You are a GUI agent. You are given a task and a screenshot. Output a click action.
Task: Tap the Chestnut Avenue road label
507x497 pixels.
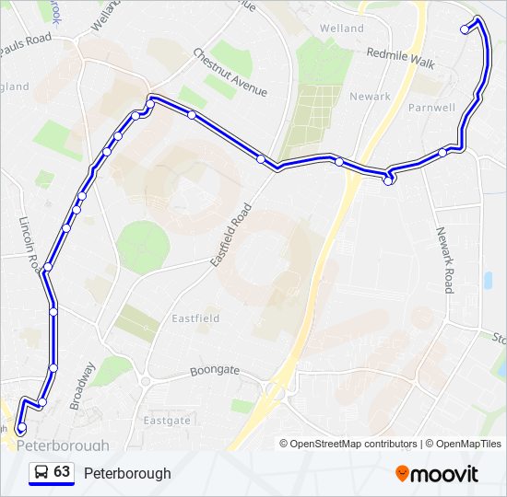click(x=230, y=73)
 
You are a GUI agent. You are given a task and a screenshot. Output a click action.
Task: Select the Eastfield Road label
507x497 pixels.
click(x=230, y=236)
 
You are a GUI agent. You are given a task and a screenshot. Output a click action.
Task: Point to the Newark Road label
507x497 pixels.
click(x=445, y=260)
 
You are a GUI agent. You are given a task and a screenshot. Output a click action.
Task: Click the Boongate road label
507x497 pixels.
click(x=214, y=370)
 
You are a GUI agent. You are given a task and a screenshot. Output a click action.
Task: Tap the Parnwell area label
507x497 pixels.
click(x=432, y=108)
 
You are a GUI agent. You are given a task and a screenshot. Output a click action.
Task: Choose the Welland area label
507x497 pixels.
click(x=342, y=29)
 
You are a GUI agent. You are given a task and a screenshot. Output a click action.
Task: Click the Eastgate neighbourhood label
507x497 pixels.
click(x=167, y=420)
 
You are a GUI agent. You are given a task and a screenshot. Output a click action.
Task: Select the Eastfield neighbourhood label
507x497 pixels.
click(x=195, y=318)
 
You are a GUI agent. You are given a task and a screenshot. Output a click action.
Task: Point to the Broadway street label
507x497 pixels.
click(x=83, y=385)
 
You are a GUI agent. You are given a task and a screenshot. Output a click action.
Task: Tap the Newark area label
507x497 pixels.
click(x=370, y=96)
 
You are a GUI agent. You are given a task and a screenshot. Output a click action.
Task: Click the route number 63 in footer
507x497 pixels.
click(x=62, y=472)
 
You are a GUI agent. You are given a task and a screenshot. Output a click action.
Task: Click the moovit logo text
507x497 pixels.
click(x=445, y=474)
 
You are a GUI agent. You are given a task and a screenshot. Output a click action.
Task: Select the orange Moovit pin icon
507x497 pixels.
click(x=402, y=474)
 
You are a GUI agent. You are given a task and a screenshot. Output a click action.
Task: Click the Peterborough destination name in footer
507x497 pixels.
click(x=127, y=473)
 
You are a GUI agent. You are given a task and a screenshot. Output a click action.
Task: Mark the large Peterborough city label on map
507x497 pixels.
click(x=63, y=445)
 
